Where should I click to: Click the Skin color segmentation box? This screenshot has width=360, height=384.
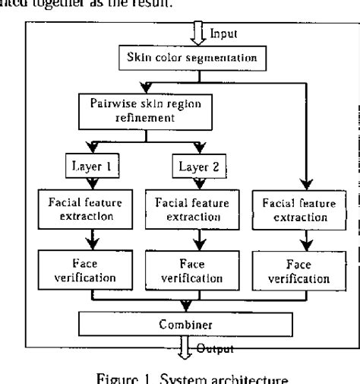click(x=186, y=57)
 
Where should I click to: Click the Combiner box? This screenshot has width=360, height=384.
click(x=186, y=323)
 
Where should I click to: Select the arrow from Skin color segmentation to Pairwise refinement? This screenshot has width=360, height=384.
click(x=144, y=83)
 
